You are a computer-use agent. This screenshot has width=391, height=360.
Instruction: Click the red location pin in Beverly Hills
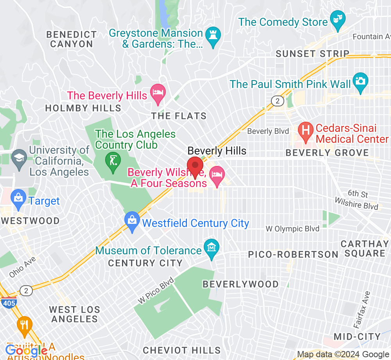[x=195, y=167]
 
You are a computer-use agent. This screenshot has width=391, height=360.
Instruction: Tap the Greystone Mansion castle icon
[x=213, y=36]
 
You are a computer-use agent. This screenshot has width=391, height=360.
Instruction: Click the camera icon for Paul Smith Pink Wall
[x=360, y=81]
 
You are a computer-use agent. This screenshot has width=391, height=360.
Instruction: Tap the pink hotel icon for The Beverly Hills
[x=158, y=93]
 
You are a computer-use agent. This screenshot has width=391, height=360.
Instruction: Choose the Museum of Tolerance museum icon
[x=212, y=248]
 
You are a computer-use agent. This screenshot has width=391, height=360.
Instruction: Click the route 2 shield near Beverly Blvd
[x=277, y=101]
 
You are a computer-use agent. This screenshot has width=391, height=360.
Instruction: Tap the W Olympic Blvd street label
[x=292, y=229]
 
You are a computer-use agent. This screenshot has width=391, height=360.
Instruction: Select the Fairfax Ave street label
[x=361, y=310]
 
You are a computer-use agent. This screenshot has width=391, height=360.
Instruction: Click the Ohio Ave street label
[x=22, y=267]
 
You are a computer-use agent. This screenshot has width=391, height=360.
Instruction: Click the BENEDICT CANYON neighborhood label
[x=71, y=39]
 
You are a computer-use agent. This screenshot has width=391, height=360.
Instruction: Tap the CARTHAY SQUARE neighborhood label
[x=365, y=248]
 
